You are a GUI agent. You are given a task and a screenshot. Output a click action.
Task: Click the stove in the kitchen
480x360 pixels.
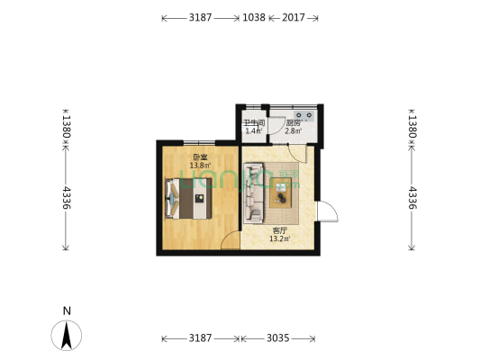[x=303, y=115]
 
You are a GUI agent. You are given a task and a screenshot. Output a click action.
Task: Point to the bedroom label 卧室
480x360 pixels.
[x=199, y=156]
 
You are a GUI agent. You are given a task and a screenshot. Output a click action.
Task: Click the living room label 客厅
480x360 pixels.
[x=281, y=230]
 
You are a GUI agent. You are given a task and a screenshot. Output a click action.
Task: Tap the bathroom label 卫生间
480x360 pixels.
[x=253, y=122]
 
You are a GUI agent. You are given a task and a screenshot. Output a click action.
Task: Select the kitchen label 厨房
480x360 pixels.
[x=293, y=122]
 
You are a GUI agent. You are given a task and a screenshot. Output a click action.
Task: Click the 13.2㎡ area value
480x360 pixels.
[x=281, y=239]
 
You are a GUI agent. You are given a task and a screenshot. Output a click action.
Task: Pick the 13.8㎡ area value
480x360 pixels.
[x=199, y=165]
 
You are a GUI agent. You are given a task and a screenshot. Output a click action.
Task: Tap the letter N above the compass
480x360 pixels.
[x=67, y=310]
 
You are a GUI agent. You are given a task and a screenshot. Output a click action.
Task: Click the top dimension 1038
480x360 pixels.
[x=254, y=17]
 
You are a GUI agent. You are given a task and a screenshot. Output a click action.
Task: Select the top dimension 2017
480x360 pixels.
[x=293, y=17]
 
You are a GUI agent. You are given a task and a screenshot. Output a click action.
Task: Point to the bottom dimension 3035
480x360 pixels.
[x=278, y=338]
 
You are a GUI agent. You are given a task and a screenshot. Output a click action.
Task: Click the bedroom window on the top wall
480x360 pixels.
[x=199, y=142]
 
